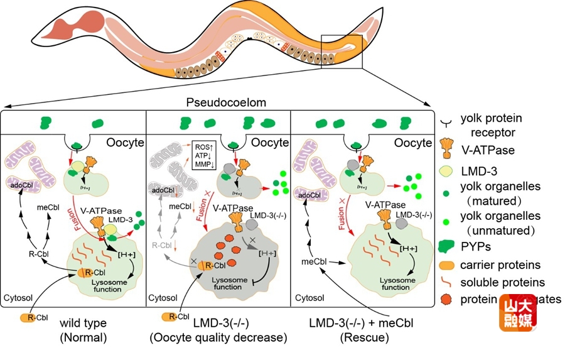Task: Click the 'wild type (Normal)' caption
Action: [x=83, y=330]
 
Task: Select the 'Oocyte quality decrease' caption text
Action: [x=218, y=337]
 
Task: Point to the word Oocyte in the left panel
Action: [x=124, y=143]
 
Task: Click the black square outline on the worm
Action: [x=342, y=52]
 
